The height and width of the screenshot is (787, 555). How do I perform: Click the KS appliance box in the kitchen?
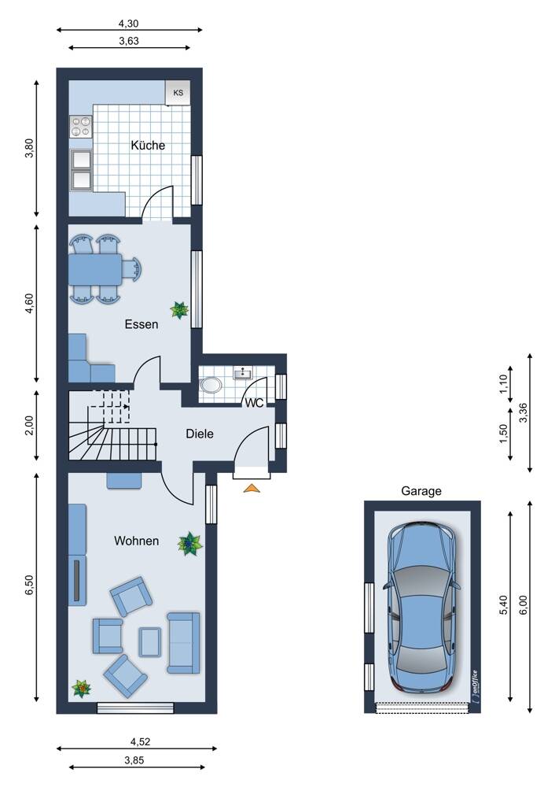coord(178,92)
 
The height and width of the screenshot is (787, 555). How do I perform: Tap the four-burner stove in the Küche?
coord(80,127)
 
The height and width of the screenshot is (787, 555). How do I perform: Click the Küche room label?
coord(148,145)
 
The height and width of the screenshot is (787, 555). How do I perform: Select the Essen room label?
coord(142,324)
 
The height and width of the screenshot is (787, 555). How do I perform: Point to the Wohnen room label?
coord(136,541)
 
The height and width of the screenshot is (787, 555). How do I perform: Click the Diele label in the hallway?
coord(200,434)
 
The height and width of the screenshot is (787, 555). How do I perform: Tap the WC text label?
coord(254,404)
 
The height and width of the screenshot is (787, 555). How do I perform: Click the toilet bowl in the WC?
coord(211,386)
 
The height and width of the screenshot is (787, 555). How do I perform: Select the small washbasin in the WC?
coord(243,372)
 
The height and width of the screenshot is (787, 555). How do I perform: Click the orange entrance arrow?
coord(252,488)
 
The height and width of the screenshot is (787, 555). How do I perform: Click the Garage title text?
coord(421,491)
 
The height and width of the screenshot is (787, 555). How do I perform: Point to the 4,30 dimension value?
coord(128,23)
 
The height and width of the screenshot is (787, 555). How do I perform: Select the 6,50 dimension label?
coord(29,586)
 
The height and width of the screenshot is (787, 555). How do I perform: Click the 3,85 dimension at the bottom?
coord(134,760)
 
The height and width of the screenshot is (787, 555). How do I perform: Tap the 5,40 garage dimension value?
coord(505,604)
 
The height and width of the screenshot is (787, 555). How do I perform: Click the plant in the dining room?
coord(179,310)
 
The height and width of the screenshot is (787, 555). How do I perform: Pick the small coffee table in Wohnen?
coord(150,642)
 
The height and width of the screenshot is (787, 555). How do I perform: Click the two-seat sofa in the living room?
coord(183,642)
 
